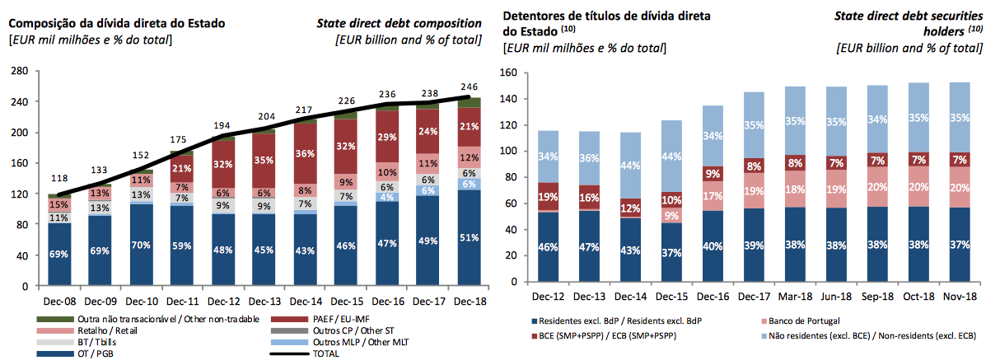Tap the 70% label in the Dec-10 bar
point(142,245)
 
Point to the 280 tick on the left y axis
point(17,72)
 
